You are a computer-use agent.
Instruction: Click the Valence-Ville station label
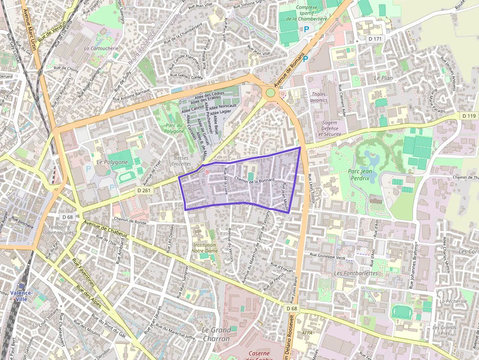click(x=21, y=296)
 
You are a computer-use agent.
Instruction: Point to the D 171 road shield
click(x=374, y=39)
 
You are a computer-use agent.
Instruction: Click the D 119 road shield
click(x=469, y=116)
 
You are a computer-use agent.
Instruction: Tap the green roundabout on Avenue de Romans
click(x=270, y=93)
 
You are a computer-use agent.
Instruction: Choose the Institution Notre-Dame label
click(x=205, y=248)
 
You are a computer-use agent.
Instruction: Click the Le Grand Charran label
click(x=216, y=334)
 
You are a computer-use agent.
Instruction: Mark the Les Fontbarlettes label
click(x=356, y=273)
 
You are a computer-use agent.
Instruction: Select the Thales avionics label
click(x=318, y=97)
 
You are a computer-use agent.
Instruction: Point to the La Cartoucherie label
click(x=101, y=48)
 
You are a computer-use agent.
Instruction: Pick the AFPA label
click(x=307, y=333)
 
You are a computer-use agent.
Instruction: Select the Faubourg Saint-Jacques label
click(x=59, y=230)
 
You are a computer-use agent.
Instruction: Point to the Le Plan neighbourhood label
click(x=383, y=78)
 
